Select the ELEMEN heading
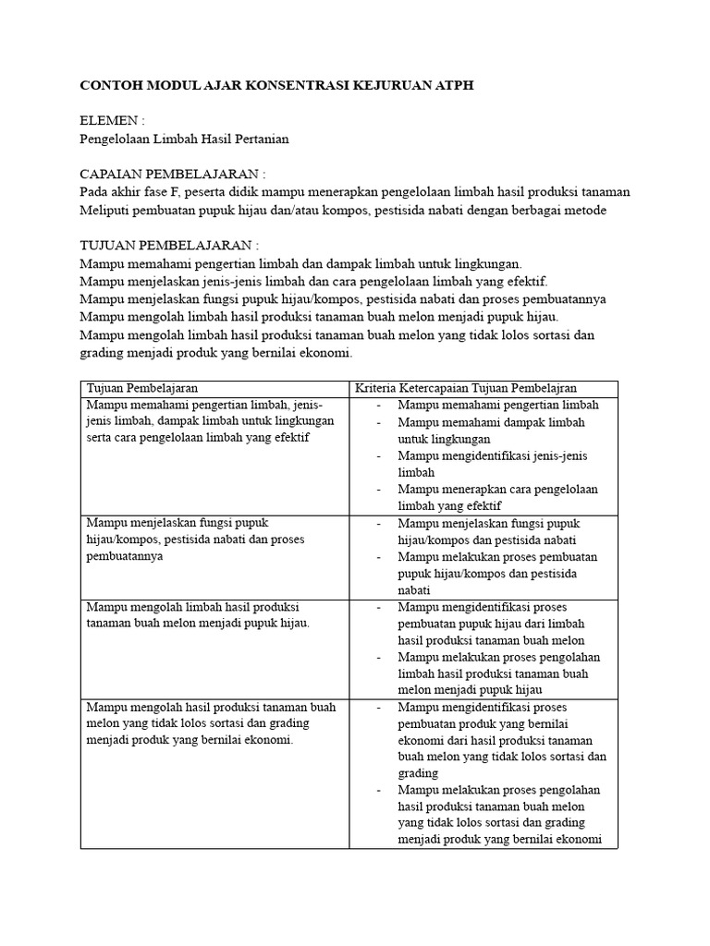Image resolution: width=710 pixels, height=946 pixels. pos(112,121)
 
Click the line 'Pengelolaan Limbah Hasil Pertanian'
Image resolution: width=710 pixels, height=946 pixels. pos(185,139)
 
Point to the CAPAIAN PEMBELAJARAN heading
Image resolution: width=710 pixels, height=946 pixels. pos(173,174)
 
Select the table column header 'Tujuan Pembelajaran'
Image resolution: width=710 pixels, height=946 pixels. pos(142,388)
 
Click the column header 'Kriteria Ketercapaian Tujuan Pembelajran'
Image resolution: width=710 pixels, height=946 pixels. pos(472,388)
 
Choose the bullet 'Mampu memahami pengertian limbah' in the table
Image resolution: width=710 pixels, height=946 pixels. pos(498,405)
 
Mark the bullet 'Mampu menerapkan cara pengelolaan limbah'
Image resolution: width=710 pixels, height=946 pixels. pos(497,498)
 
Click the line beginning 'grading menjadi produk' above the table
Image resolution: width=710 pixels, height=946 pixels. pos(216,352)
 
